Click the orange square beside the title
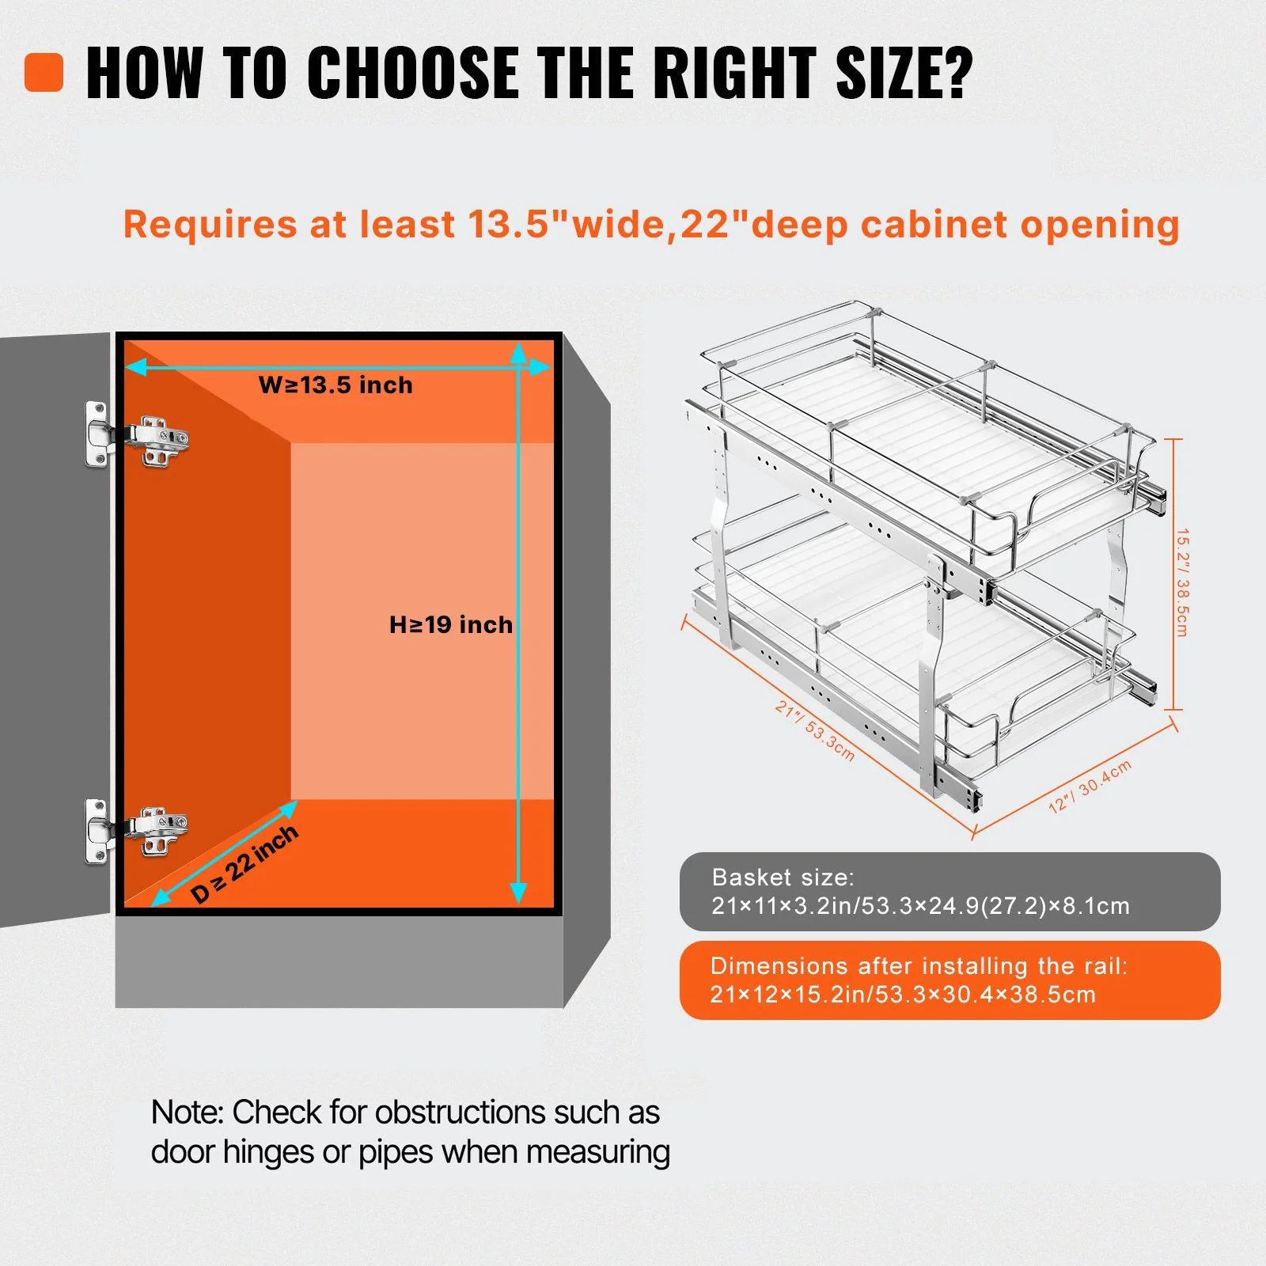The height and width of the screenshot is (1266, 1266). pos(44,72)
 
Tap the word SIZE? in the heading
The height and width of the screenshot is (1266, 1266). pos(904,73)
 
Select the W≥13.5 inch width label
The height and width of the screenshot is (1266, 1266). pos(335,385)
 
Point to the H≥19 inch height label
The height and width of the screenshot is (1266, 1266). pos(451,625)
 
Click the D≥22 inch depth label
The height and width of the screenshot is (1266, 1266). pos(245,863)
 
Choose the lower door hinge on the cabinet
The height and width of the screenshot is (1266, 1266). pos(136,832)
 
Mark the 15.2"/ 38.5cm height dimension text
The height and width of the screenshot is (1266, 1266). pos(1182,582)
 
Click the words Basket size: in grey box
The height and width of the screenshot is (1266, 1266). pos(783,877)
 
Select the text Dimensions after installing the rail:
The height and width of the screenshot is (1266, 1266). pos(919,966)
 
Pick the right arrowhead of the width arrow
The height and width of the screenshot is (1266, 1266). pos(540,366)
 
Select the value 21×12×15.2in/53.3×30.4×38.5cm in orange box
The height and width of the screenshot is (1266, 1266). pos(903,995)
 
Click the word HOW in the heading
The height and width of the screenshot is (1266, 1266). pos(144,73)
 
